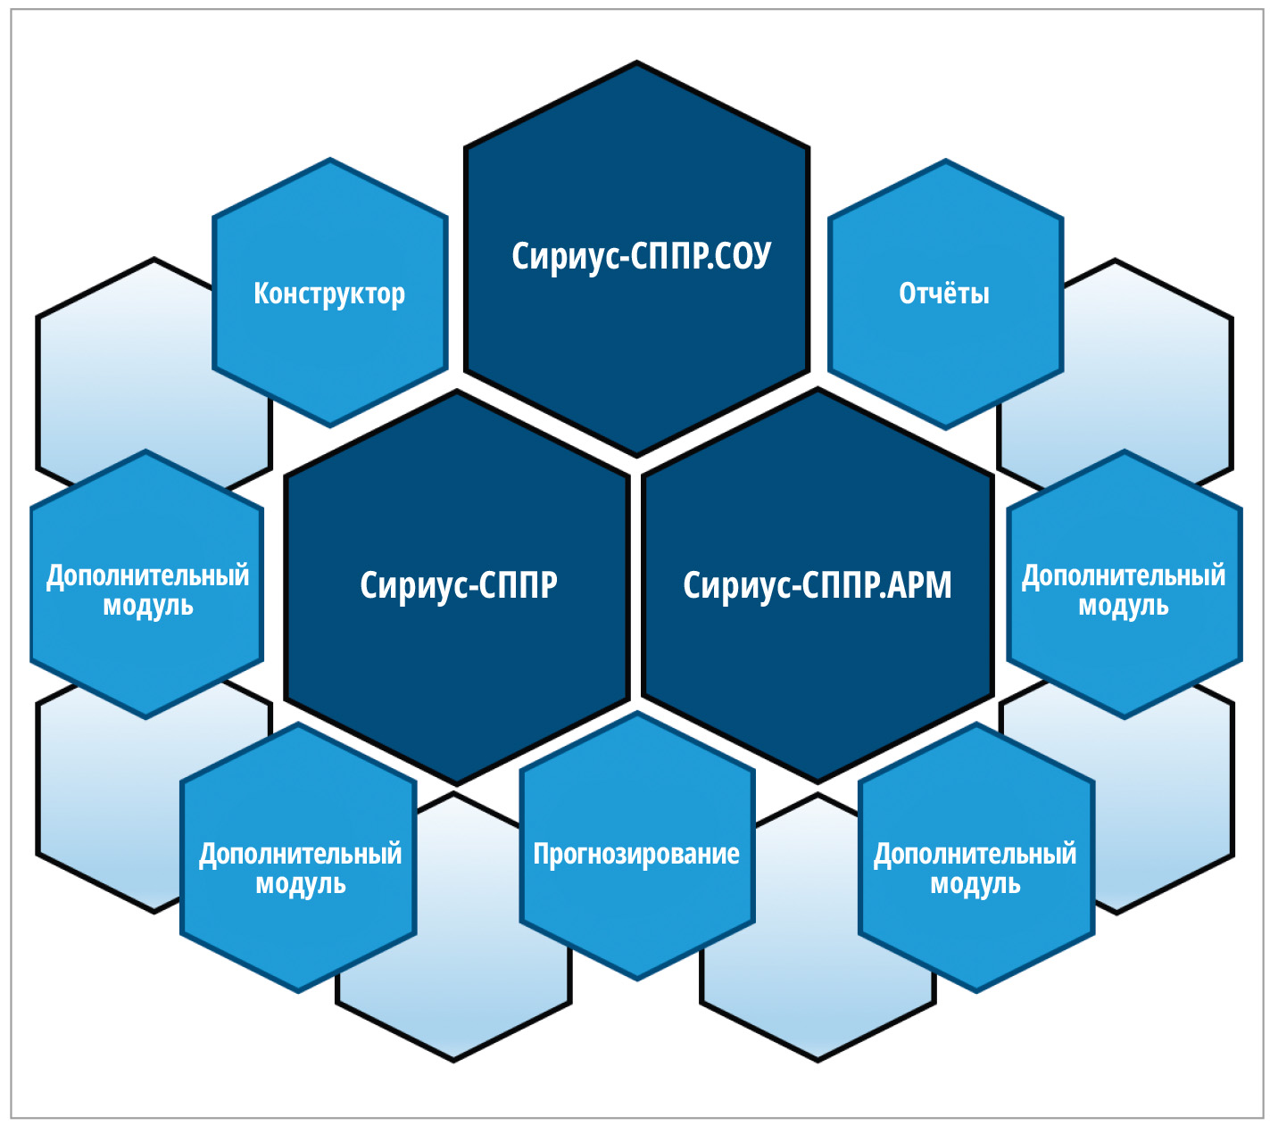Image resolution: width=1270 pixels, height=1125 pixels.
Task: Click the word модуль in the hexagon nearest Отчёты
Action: click(x=1123, y=607)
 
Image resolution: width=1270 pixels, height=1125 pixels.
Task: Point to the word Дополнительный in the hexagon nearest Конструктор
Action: click(x=147, y=575)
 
